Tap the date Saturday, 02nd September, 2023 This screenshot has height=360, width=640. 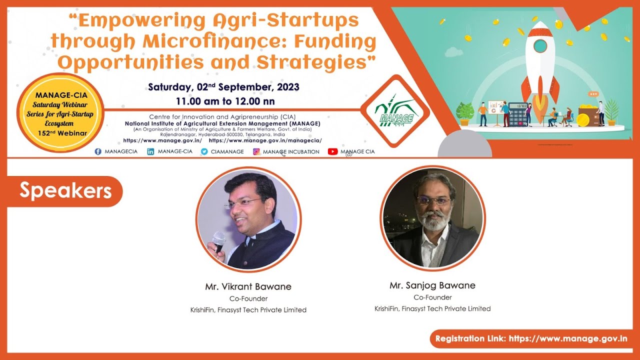click(223, 87)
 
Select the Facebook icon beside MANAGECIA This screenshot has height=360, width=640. click(98, 151)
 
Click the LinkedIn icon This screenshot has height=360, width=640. click(150, 151)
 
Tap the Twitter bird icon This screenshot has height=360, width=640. click(204, 151)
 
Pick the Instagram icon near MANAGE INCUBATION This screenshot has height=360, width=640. click(256, 151)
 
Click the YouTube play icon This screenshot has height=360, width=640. click(332, 151)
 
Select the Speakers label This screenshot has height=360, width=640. click(65, 190)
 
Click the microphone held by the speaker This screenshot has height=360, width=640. click(218, 241)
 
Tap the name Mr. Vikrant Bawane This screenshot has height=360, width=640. click(248, 287)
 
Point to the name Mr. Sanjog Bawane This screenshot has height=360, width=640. click(432, 285)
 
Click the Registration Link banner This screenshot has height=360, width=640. click(531, 338)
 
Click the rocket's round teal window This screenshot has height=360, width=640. click(539, 46)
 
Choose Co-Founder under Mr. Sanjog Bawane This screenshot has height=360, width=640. click(432, 297)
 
